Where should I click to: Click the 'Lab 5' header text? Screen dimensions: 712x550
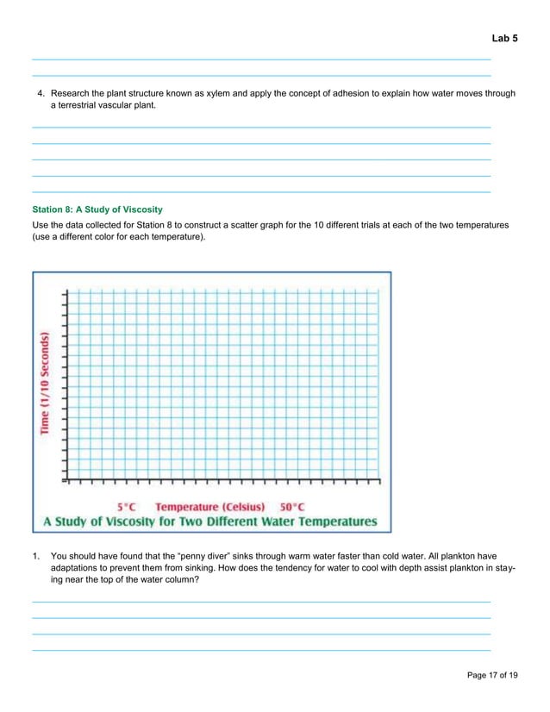[504, 39]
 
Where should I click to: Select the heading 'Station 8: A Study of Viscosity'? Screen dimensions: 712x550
[97, 209]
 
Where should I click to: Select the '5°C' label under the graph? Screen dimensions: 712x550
[127, 507]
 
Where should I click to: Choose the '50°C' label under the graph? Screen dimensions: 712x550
[292, 507]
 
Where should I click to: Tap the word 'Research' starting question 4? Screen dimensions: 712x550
[71, 92]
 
